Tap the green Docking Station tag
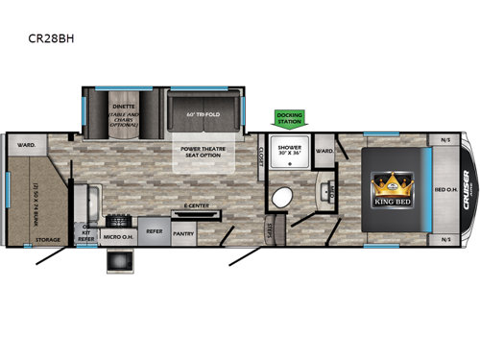point(290,118)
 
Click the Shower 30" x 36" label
point(290,153)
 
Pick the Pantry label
point(183,231)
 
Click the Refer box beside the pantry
point(153,231)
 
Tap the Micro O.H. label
point(119,233)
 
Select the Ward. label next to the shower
point(324,151)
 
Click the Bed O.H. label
point(446,189)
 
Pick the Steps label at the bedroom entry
point(271,230)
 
